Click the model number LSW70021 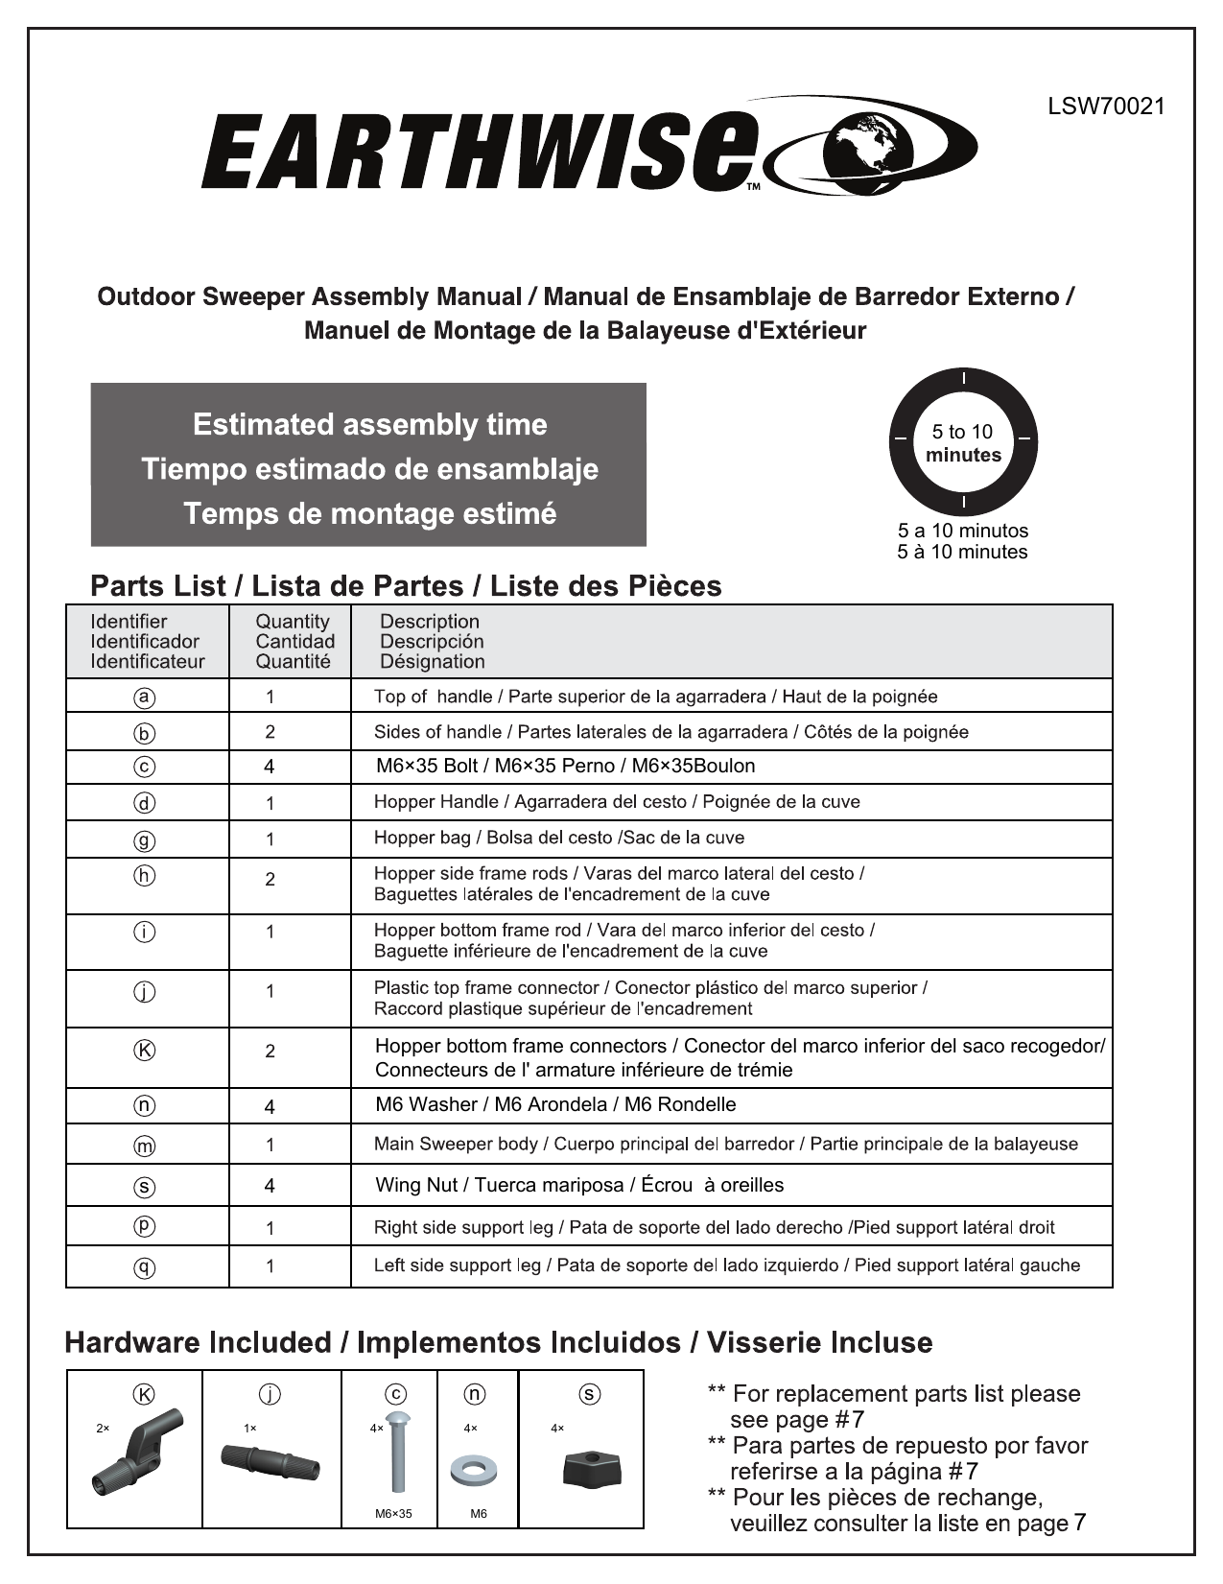(x=1106, y=106)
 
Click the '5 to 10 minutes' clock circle (x=963, y=442)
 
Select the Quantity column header (x=294, y=641)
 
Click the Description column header (x=432, y=641)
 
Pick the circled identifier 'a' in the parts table (x=145, y=697)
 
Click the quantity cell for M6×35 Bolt (x=270, y=767)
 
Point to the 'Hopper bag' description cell (x=558, y=838)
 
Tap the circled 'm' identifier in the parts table (x=145, y=1145)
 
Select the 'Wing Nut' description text (x=579, y=1185)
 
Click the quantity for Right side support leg (x=270, y=1228)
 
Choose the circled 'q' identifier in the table (x=145, y=1266)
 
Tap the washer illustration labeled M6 (x=471, y=1470)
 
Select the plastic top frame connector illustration (x=270, y=1461)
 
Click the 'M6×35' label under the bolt (x=393, y=1514)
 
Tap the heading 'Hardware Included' (x=198, y=1342)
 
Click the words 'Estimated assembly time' (x=369, y=424)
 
